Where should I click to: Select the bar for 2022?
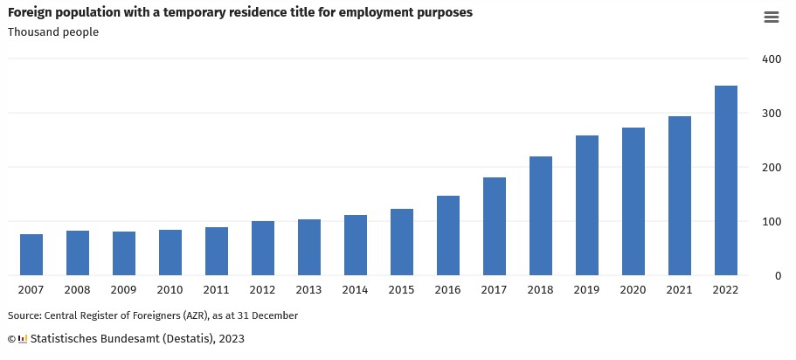726,181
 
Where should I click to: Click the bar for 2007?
31,254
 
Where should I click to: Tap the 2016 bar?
448,235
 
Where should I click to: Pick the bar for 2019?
587,205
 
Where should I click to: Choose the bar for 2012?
263,248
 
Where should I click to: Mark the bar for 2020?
633,201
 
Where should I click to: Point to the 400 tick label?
771,59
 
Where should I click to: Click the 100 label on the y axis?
771,222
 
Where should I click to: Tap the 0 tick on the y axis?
777,276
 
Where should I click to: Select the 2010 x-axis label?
170,290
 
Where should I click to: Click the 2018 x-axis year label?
541,290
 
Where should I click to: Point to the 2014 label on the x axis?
356,290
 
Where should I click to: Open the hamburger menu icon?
771,17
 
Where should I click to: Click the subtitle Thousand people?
53,32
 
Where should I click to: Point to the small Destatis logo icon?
23,338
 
